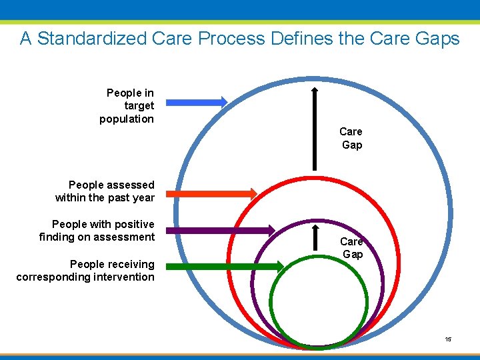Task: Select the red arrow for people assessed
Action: click(x=211, y=194)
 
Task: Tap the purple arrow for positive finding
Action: click(x=220, y=230)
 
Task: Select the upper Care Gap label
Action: click(x=351, y=138)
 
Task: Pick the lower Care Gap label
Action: click(x=352, y=247)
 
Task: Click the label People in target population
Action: click(x=128, y=106)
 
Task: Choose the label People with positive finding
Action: click(x=97, y=230)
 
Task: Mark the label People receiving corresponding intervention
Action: click(x=85, y=270)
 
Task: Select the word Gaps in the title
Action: click(x=437, y=39)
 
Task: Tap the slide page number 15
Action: click(x=449, y=339)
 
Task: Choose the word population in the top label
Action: click(x=127, y=119)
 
